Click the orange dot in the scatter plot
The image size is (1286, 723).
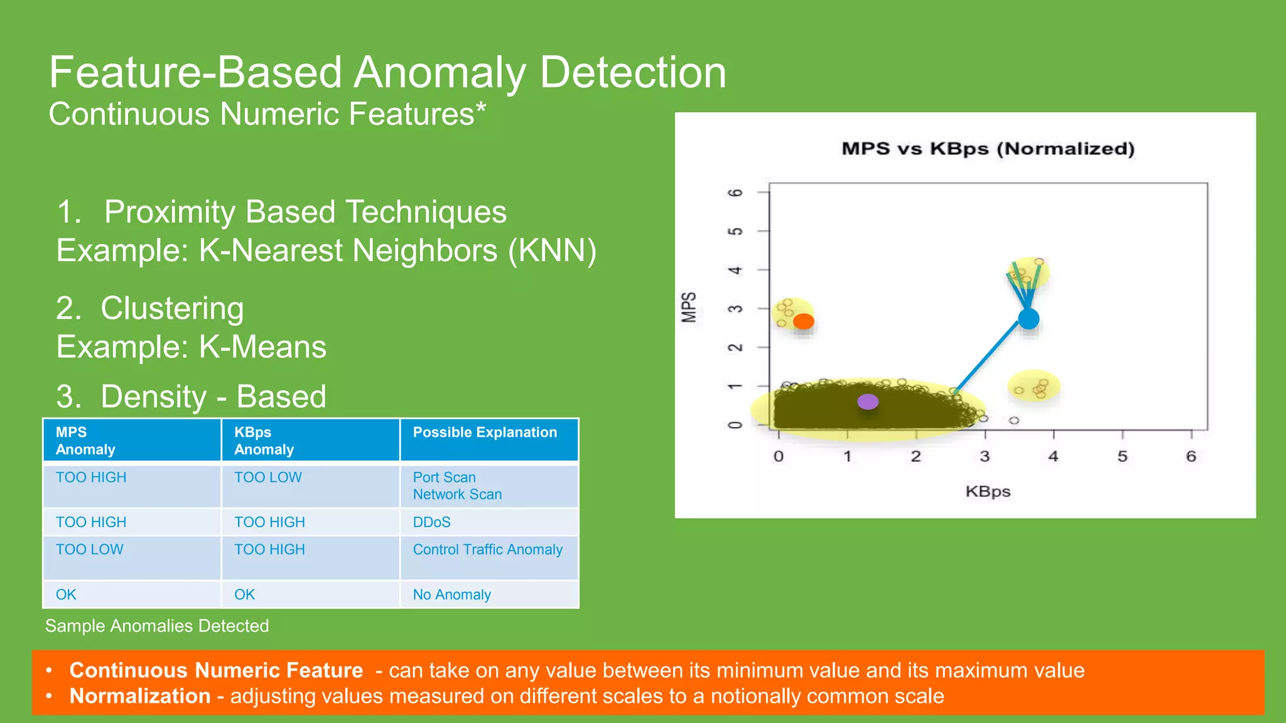(x=803, y=321)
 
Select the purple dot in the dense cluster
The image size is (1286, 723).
(x=868, y=402)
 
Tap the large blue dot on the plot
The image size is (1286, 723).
(x=1029, y=319)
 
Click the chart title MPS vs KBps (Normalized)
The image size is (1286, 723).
(x=988, y=149)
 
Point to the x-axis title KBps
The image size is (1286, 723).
(x=988, y=491)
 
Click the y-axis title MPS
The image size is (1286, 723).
(x=689, y=308)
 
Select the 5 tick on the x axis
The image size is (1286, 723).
(x=1122, y=456)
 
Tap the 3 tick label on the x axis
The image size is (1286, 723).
(x=985, y=456)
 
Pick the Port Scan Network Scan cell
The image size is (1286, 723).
(x=457, y=486)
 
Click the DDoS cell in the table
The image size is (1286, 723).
(x=431, y=522)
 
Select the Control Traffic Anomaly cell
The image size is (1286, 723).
(x=487, y=550)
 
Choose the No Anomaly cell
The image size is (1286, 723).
(x=451, y=595)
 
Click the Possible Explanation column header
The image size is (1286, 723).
(x=485, y=432)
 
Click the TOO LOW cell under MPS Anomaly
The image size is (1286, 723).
(x=89, y=550)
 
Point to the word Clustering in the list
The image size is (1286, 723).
(x=172, y=308)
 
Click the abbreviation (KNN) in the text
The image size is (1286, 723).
(x=552, y=250)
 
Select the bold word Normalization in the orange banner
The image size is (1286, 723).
(x=139, y=696)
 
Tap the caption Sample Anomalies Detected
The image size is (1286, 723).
(x=157, y=626)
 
